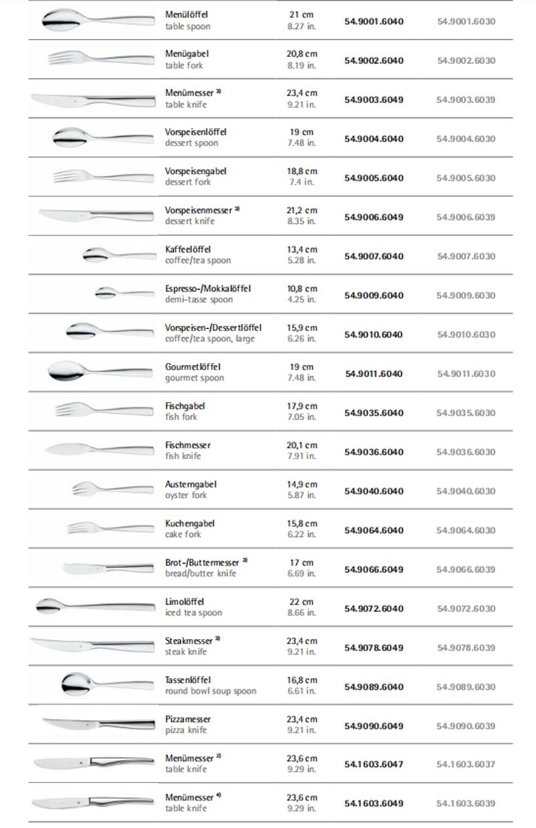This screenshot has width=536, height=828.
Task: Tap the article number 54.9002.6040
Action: click(374, 60)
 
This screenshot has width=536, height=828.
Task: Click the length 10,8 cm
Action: click(301, 289)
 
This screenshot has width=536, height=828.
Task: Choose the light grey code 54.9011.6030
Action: click(466, 373)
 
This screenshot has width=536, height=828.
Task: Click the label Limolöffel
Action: click(184, 601)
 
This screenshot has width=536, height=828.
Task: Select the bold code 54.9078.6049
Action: click(374, 648)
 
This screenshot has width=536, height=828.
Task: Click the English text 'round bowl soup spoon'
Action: click(210, 691)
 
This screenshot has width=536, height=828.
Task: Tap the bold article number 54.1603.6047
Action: click(374, 764)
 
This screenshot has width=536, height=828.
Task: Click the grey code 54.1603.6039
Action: click(466, 803)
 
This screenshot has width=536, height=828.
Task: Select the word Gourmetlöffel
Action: click(193, 367)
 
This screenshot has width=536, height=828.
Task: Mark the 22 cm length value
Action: click(301, 601)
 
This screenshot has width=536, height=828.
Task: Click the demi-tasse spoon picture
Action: click(124, 293)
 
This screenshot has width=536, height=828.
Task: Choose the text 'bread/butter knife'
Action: click(201, 574)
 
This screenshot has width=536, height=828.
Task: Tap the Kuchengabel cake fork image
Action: click(111, 528)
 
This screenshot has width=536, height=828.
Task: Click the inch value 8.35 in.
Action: click(301, 221)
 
